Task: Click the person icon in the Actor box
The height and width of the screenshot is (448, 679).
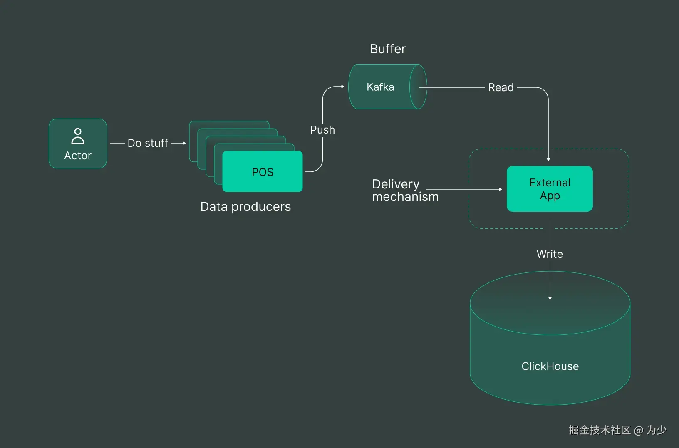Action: point(78,136)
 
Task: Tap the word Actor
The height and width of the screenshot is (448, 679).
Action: point(78,156)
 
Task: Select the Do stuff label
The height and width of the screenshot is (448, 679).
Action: point(148,143)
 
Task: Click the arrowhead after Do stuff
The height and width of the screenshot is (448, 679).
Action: point(184,143)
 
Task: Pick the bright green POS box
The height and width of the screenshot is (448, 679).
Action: point(263,172)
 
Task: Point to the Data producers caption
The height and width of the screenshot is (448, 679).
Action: point(245,207)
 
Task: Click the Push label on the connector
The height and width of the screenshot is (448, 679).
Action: point(322,130)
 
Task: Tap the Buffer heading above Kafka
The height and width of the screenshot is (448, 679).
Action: point(388,49)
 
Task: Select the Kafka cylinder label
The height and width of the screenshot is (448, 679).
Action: point(380,87)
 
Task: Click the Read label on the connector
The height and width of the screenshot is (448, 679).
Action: point(501,87)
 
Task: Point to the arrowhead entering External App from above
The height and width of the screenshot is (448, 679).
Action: point(548,159)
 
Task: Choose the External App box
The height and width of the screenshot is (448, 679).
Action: point(550,189)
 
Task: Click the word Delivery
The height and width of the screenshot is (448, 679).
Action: point(396,184)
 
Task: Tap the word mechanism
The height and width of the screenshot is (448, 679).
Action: point(405,197)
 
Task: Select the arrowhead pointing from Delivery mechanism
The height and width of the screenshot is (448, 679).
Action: point(500,189)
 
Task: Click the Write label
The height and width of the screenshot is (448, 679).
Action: point(550,254)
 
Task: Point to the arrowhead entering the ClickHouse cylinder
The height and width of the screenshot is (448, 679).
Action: point(550,298)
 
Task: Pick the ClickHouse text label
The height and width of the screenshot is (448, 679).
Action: point(550,366)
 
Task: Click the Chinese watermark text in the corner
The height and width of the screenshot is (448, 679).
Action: point(617,430)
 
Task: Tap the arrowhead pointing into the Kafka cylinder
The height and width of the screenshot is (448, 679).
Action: point(342,87)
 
